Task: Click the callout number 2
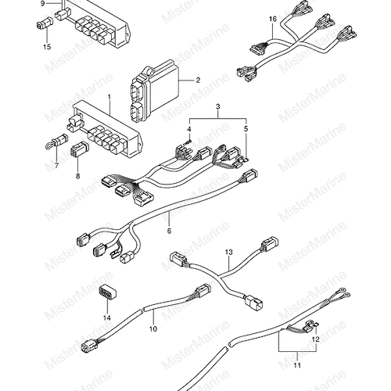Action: point(198,80)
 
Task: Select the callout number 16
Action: point(273,20)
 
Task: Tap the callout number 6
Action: point(169,231)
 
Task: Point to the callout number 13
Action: point(229,253)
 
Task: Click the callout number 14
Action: point(107,317)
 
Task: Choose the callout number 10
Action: point(153,329)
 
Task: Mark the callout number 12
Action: point(316,339)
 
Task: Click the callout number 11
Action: point(297,365)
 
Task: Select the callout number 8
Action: point(78,176)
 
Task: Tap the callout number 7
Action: point(56,165)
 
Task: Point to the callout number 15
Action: point(47,47)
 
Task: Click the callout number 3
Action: point(218,106)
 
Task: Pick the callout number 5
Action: point(246,129)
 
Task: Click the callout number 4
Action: point(189,129)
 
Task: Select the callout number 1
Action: point(109,97)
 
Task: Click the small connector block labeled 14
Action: point(107,292)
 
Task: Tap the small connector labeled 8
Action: point(79,150)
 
